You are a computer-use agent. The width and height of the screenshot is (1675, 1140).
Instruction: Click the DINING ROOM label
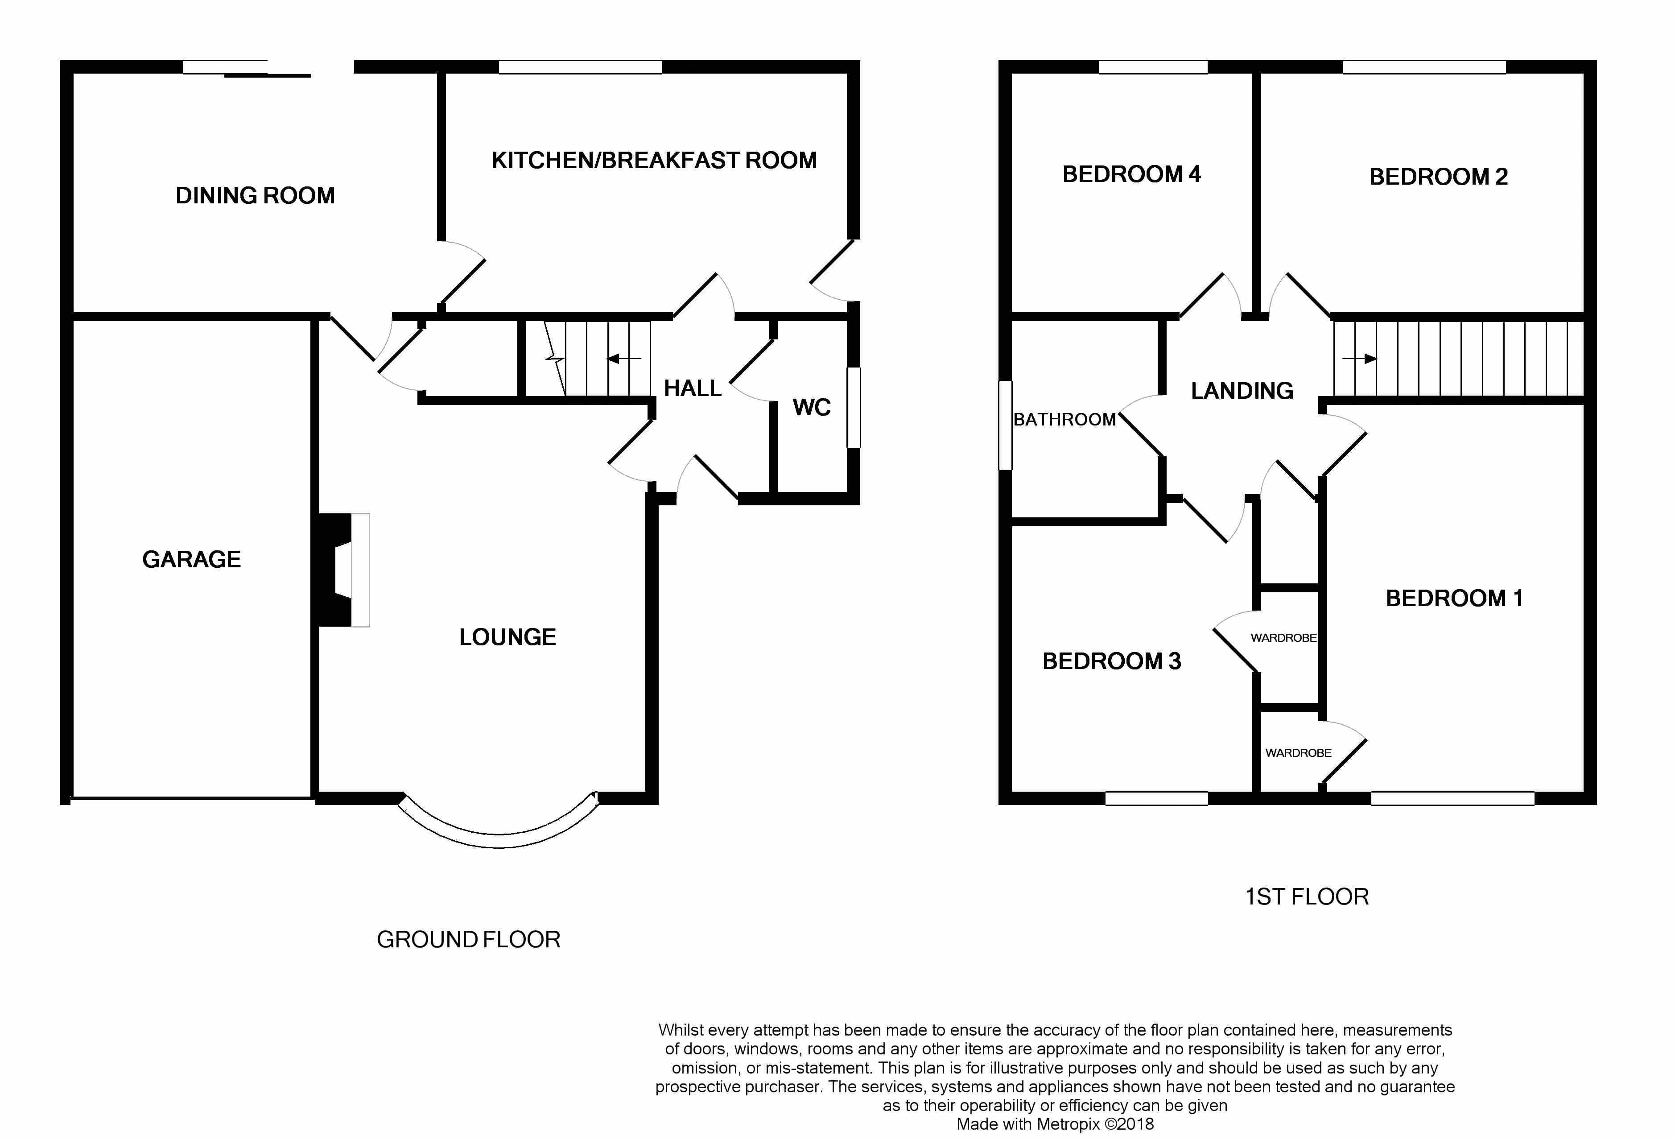click(x=255, y=195)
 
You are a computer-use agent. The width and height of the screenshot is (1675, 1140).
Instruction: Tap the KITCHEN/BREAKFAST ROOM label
click(x=654, y=160)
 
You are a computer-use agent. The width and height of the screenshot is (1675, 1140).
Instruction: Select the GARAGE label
click(x=192, y=559)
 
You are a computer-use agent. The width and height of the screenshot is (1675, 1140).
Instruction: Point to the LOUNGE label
click(x=507, y=637)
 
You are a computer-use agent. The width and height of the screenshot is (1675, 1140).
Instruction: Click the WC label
click(x=812, y=408)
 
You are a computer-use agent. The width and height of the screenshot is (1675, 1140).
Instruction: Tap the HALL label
click(x=693, y=388)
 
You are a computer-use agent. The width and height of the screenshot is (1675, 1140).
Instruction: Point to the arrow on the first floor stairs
click(x=1359, y=358)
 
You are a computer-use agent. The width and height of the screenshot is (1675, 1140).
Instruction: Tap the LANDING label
click(x=1242, y=391)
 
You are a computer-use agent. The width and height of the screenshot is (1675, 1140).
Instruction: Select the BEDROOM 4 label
click(x=1131, y=174)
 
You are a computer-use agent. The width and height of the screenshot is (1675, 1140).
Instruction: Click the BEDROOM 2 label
click(x=1439, y=177)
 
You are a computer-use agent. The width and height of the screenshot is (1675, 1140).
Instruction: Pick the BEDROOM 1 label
click(x=1454, y=598)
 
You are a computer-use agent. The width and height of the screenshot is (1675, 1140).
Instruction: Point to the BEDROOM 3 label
click(x=1112, y=661)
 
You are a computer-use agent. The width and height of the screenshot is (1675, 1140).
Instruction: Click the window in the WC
click(x=854, y=408)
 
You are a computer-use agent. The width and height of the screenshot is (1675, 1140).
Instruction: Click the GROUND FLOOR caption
click(x=469, y=940)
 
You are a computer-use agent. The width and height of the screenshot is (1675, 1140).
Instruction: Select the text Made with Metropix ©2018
click(x=1055, y=1124)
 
